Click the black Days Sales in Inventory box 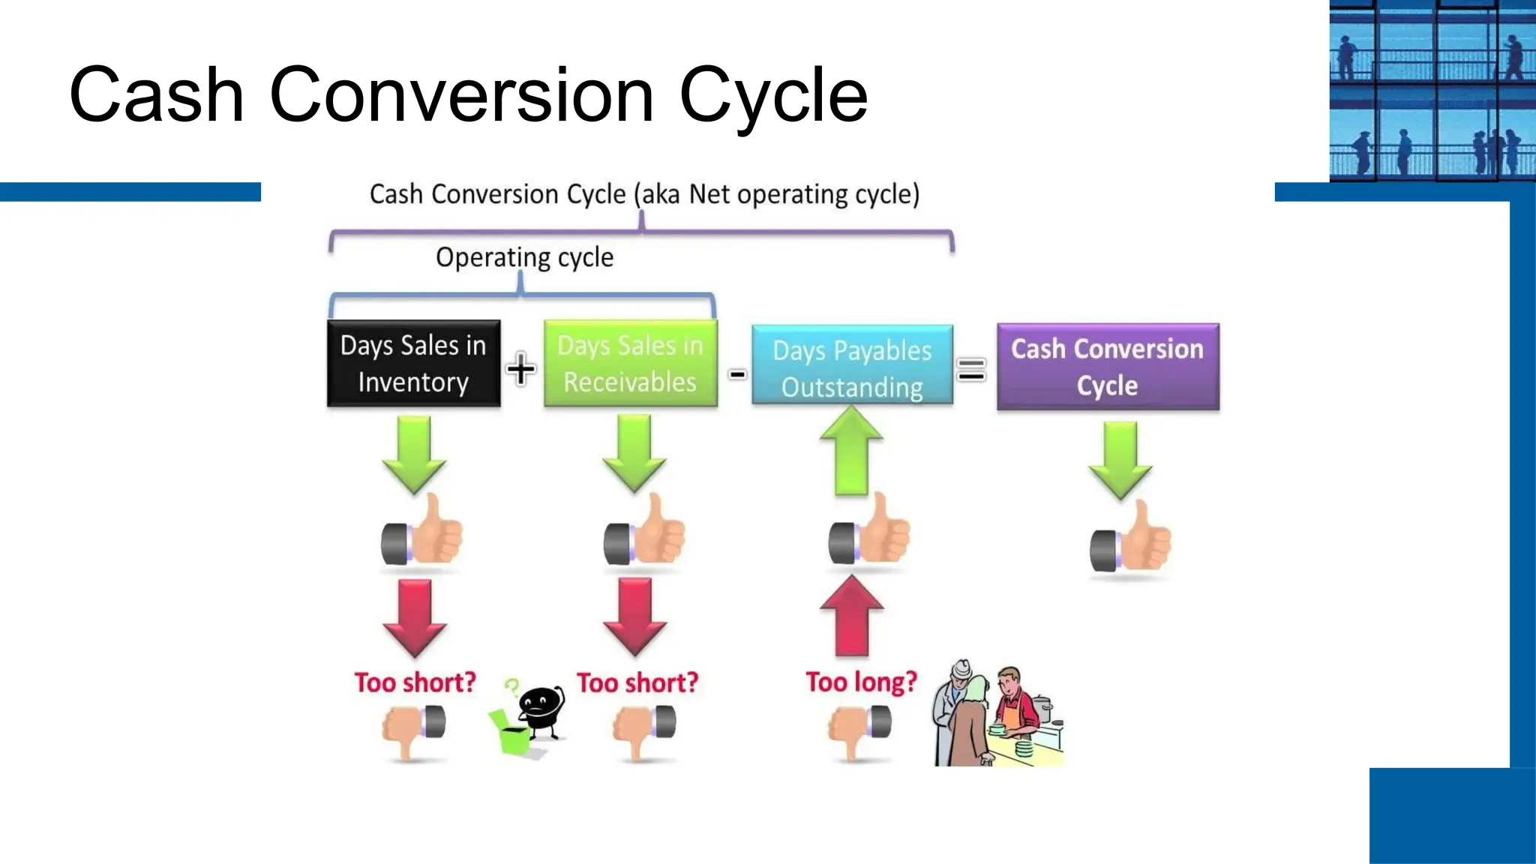413,364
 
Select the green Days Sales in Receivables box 630,364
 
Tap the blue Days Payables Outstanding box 852,366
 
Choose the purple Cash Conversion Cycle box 1107,367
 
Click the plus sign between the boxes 520,369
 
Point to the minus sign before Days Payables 737,373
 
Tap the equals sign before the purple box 971,369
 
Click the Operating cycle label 524,257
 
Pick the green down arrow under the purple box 1120,459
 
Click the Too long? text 861,682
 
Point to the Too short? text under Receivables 637,682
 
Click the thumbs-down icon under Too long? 859,730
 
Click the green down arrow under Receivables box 634,453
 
